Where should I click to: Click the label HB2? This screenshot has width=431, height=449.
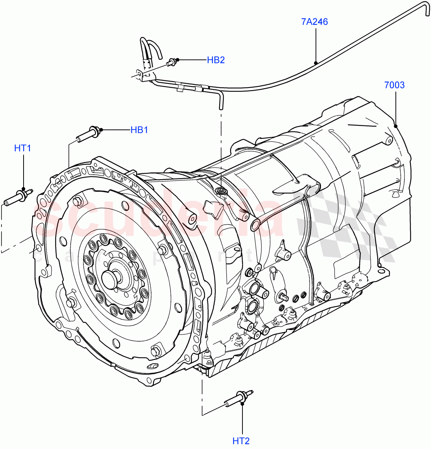(x=215, y=60)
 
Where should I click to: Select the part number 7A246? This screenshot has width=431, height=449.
(x=314, y=22)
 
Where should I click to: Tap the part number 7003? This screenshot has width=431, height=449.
(x=394, y=85)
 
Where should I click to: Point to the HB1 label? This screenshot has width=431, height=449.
(x=139, y=130)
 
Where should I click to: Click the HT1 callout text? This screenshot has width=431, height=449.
(x=22, y=148)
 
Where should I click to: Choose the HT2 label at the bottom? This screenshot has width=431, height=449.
(x=241, y=441)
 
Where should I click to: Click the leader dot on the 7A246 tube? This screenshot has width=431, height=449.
(x=316, y=63)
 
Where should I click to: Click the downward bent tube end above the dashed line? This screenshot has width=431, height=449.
(x=221, y=100)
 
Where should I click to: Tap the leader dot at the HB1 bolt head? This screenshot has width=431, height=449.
(x=100, y=130)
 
